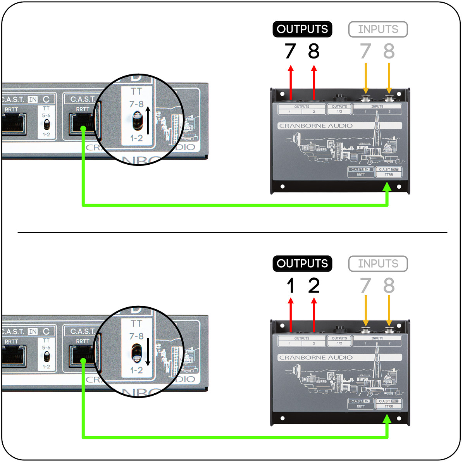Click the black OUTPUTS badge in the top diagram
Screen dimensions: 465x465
point(302,29)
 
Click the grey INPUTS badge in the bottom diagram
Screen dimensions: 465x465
point(378,264)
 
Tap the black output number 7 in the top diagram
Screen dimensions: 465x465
point(290,51)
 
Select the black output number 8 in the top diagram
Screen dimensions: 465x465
point(314,51)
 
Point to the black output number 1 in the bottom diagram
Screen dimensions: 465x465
point(291,286)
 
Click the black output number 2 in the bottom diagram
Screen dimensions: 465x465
point(314,286)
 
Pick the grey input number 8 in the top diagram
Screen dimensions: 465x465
point(389,51)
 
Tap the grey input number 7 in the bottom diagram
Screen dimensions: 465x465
point(365,286)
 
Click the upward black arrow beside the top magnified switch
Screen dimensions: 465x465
point(148,120)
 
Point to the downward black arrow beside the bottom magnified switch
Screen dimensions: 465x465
point(148,352)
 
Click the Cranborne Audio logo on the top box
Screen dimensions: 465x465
point(316,126)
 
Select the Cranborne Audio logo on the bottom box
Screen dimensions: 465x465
point(316,358)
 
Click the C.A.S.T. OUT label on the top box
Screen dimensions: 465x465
point(389,169)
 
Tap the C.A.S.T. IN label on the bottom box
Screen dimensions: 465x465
point(360,401)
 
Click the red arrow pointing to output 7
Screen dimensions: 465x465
point(291,81)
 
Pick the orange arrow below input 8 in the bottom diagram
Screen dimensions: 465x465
point(389,310)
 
